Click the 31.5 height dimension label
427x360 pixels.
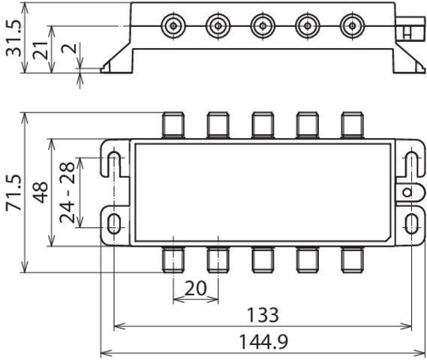coord(14,38)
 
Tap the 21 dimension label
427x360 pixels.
coord(41,50)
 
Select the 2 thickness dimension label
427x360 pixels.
coord(69,49)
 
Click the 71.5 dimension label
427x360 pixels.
coord(14,193)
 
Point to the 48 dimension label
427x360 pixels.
coord(41,193)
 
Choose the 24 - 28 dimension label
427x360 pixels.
coord(67,193)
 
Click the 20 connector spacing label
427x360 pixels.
coord(196,289)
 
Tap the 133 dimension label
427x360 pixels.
coord(263,315)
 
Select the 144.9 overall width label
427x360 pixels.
coord(263,342)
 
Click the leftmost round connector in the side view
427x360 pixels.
coord(173,25)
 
